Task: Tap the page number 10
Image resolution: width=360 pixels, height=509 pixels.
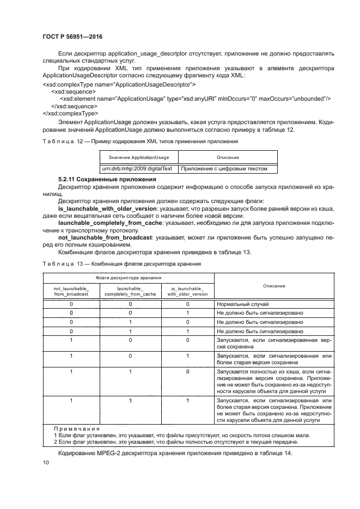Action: (46, 462)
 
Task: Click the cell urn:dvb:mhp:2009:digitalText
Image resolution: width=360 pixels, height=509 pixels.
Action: (138, 169)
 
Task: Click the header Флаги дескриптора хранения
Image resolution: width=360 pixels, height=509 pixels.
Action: (128, 278)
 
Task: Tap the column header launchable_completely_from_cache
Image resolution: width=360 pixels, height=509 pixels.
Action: (130, 290)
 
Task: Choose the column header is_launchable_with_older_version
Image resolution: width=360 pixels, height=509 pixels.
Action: (187, 290)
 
